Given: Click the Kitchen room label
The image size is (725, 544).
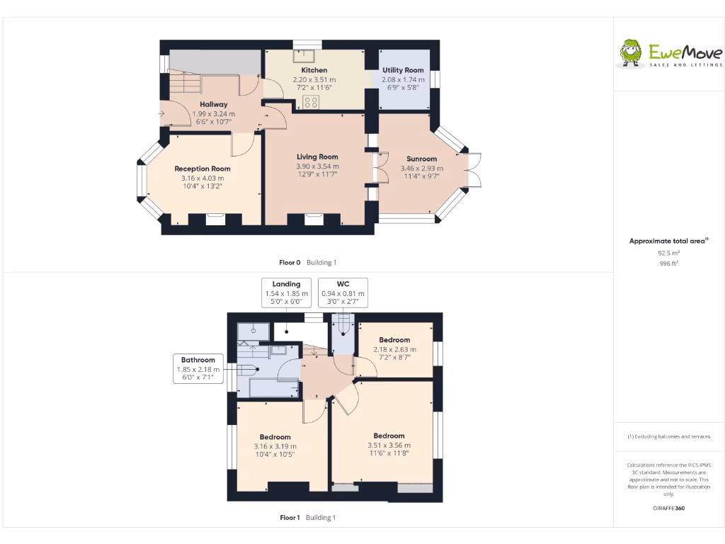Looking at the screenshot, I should coord(314,70).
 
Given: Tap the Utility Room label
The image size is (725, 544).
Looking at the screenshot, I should coord(403,70).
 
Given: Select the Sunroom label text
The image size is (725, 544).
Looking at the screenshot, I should coord(421,159).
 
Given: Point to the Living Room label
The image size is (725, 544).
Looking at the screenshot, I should coord(317,157).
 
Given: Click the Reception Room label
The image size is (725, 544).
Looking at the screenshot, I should coord(202,169).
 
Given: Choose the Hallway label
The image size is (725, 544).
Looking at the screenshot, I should coord(213,104).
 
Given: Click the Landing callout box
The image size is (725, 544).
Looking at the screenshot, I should coord(287,293).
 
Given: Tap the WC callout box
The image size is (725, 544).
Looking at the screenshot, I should coord(343,293).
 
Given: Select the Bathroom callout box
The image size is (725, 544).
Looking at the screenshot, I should coord(198,369).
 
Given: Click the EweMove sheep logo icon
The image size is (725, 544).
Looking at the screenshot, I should coord(631,52).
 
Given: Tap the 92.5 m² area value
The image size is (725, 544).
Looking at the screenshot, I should coord(668,252).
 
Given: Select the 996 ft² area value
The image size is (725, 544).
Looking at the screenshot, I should coord(668,263).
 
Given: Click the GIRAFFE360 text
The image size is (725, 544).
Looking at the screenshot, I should coord(668,508).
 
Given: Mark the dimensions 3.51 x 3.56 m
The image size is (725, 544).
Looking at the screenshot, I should coord(389,445).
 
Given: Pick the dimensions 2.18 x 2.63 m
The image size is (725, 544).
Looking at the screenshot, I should coord(394,349).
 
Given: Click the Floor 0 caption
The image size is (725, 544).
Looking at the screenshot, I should coord(291,263).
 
